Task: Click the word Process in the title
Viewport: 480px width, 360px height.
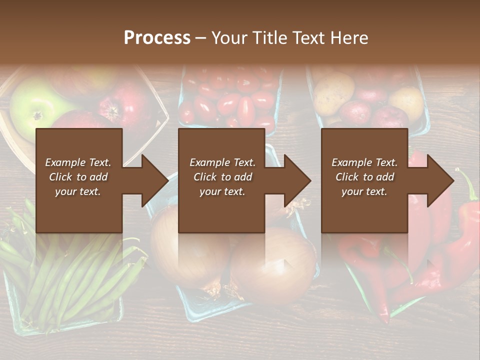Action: (157, 38)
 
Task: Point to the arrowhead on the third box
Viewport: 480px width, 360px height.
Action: (440, 180)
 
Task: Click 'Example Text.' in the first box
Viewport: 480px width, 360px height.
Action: (78, 162)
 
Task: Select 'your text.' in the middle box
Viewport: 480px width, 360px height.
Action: (222, 191)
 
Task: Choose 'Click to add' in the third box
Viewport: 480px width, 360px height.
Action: (365, 177)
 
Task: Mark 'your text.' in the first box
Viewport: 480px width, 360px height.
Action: (78, 191)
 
